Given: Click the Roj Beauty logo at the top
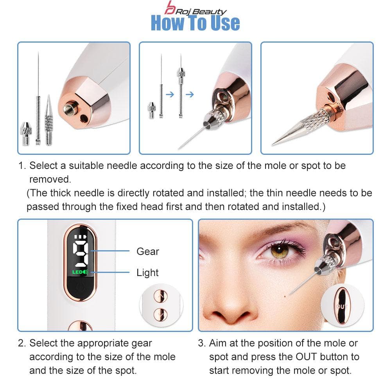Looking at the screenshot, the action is point(195,8).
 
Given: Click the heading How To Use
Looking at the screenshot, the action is point(195,23).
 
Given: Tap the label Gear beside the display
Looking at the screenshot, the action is point(148,251).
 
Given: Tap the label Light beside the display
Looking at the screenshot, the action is point(147,273).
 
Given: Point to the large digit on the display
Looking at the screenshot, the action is point(80,254).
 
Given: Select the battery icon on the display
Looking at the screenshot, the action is point(80,237).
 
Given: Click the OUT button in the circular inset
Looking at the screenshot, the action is point(342,306).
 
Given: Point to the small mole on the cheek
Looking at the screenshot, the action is point(285,296).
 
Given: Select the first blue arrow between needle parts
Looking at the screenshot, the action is point(170,95).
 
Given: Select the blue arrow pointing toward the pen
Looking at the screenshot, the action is point(190,95).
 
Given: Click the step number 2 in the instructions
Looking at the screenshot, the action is point(21,343).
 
